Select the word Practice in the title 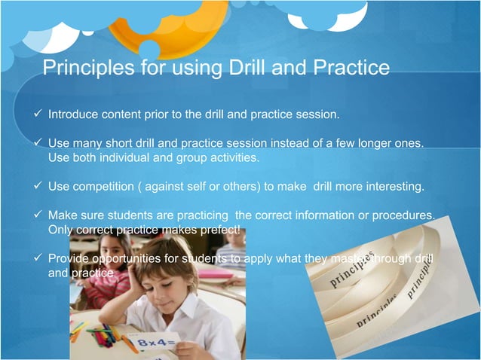click(348, 69)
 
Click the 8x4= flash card click(154, 343)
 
